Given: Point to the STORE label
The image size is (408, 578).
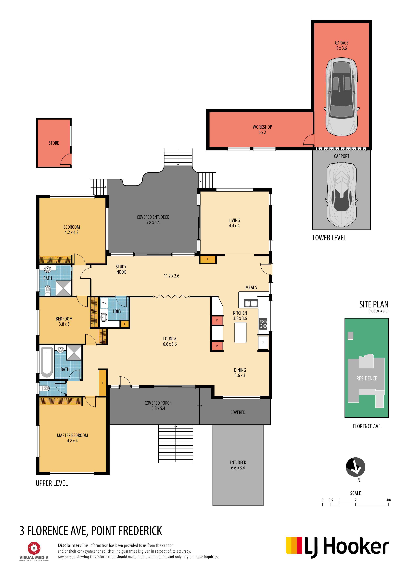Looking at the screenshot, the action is pos(54,143).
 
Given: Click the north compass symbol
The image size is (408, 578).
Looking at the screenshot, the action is pos(356,467).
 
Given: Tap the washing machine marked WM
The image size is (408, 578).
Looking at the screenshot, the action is pos(104,303).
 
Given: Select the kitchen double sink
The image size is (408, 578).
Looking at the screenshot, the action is pos(251,303).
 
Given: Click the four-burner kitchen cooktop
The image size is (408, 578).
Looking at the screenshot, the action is pos(263,324).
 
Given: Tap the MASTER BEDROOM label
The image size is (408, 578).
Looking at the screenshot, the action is pos(72,435).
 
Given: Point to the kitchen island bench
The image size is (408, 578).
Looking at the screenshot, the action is pos(240,332).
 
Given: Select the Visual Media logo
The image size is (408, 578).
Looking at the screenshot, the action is pos(34,551).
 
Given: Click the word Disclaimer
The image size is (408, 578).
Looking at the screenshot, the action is pos(69,545).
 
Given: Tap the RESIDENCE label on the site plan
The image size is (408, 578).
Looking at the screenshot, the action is pos(367,378).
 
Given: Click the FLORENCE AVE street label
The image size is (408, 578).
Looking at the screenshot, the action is pos(367,426).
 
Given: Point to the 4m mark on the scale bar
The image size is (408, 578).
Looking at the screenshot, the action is pos(388,500).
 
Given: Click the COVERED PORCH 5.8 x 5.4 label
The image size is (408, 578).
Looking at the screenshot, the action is pos(158,405).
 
